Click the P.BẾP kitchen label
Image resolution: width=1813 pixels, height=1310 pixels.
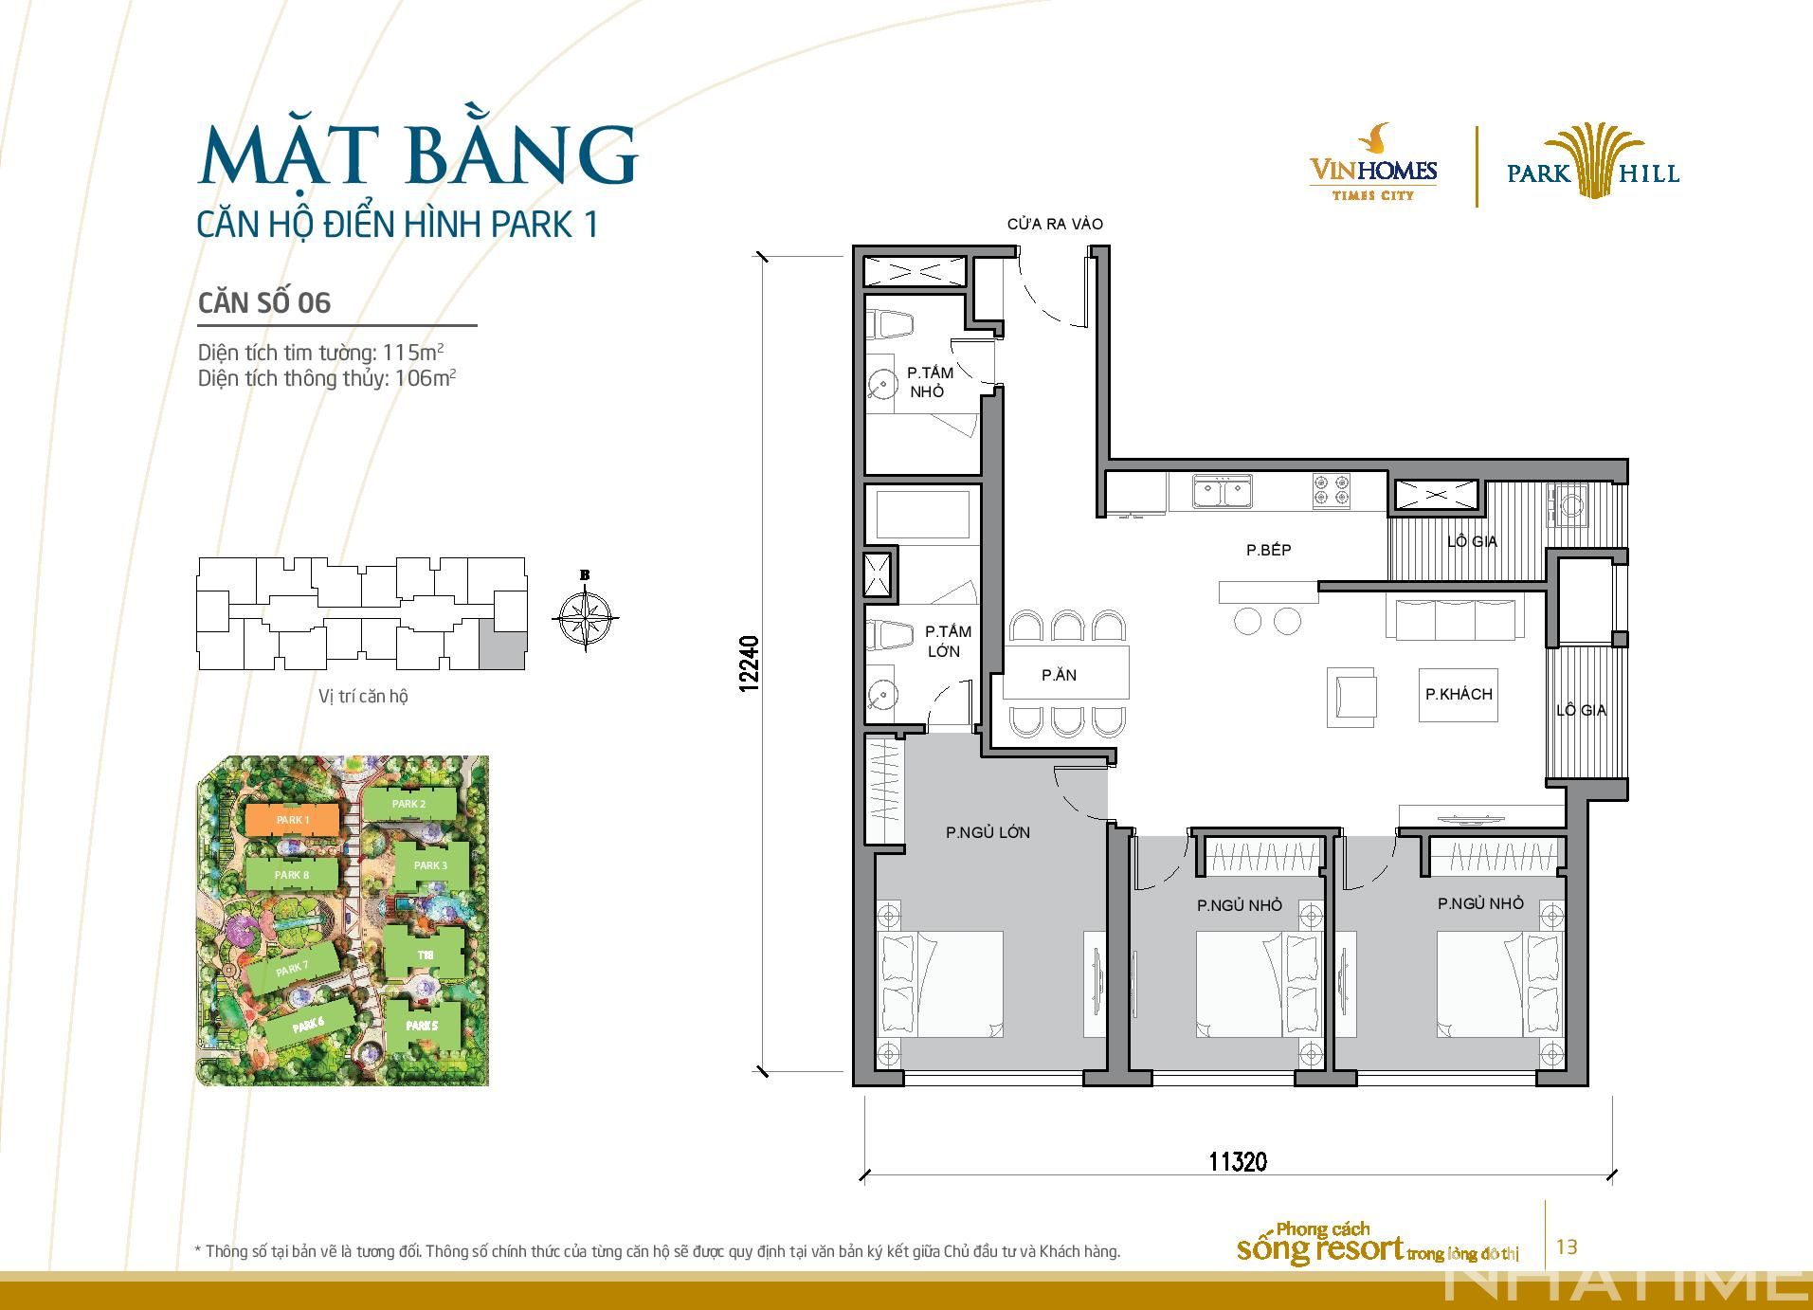pyautogui.click(x=1268, y=550)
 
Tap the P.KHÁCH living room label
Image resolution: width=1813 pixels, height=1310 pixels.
pyautogui.click(x=1459, y=695)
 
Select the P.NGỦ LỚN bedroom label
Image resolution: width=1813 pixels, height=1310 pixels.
pyautogui.click(x=988, y=832)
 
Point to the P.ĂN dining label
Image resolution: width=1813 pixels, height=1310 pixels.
pyautogui.click(x=1059, y=676)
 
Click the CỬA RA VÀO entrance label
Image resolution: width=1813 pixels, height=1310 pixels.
pyautogui.click(x=1055, y=225)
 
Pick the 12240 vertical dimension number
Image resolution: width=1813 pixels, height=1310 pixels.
pyautogui.click(x=750, y=664)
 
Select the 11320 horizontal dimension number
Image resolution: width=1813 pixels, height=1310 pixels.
pyautogui.click(x=1238, y=1160)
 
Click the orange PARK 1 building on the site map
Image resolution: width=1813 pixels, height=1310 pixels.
pyautogui.click(x=292, y=820)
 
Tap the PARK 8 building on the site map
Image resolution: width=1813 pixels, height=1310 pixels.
pyautogui.click(x=292, y=875)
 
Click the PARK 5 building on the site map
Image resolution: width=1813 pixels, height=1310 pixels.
pyautogui.click(x=423, y=1026)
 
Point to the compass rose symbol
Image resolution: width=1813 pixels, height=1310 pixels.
pyautogui.click(x=585, y=617)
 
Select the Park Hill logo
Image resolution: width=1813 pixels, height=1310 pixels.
pyautogui.click(x=1592, y=163)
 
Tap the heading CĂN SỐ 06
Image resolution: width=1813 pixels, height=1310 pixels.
pyautogui.click(x=264, y=302)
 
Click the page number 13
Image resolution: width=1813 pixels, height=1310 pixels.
pyautogui.click(x=1567, y=1246)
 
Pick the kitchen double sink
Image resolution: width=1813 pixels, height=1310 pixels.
pyautogui.click(x=1223, y=493)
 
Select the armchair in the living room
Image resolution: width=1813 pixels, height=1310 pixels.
pyautogui.click(x=1351, y=698)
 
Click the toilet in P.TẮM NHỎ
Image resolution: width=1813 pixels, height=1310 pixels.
pyautogui.click(x=895, y=325)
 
